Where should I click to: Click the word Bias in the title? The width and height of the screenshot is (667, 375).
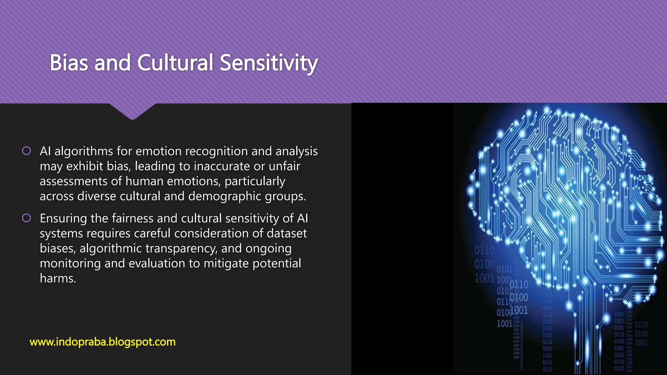click(x=69, y=62)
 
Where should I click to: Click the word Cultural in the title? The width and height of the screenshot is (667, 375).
click(x=175, y=62)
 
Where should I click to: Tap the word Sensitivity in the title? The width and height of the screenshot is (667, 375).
click(x=269, y=63)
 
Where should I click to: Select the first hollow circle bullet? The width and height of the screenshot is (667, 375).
click(x=26, y=151)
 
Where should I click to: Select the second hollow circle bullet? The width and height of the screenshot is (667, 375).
click(x=26, y=218)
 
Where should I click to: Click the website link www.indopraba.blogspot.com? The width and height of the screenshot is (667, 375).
click(x=103, y=342)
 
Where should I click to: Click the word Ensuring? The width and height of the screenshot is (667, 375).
click(x=64, y=218)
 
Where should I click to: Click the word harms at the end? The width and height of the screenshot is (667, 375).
click(x=58, y=278)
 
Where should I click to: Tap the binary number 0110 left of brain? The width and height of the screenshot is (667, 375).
click(x=484, y=250)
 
